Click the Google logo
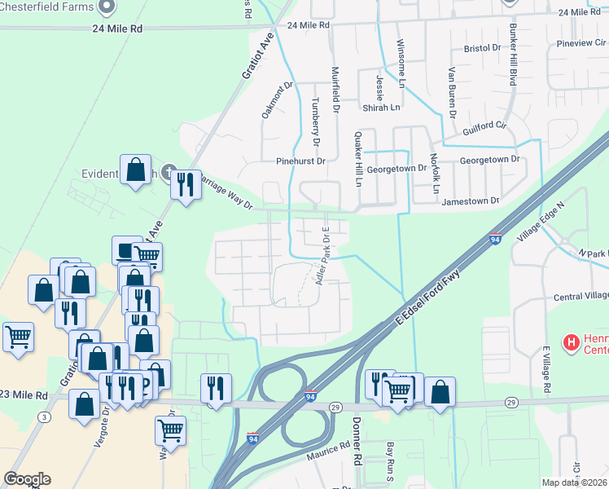pyautogui.click(x=27, y=479)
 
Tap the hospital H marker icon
pyautogui.click(x=571, y=341)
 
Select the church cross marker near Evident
pyautogui.click(x=169, y=172)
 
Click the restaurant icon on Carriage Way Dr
pyautogui.click(x=186, y=186)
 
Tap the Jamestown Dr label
pyautogui.click(x=470, y=200)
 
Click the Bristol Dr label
pyautogui.click(x=482, y=49)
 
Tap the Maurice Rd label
pyautogui.click(x=328, y=458)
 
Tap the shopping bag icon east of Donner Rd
pyautogui.click(x=440, y=392)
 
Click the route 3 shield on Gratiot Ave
pyautogui.click(x=44, y=417)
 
